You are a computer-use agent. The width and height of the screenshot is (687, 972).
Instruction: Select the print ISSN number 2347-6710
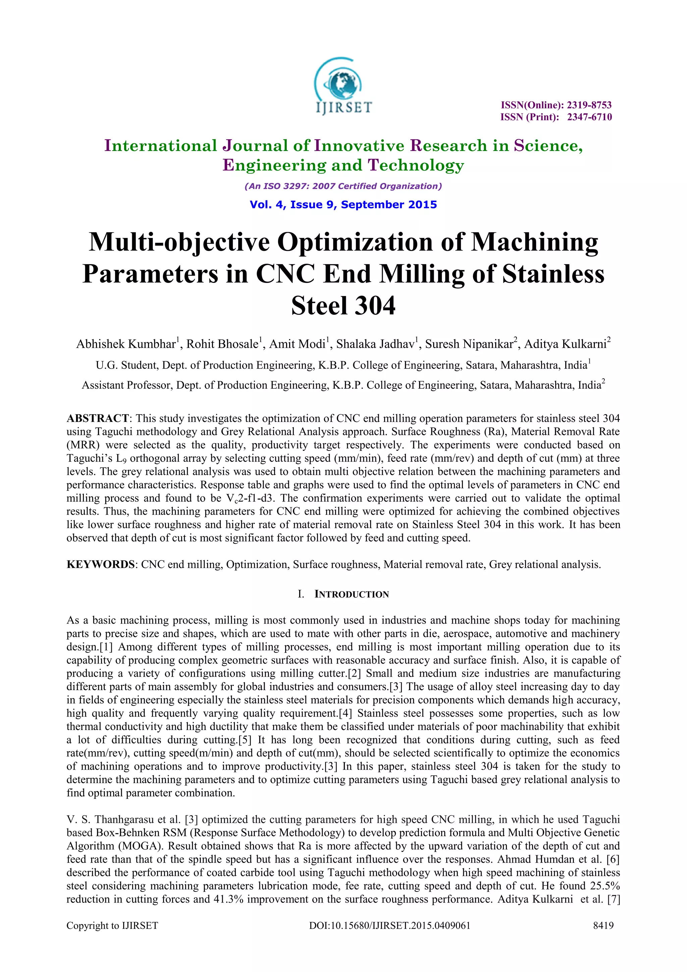(x=589, y=117)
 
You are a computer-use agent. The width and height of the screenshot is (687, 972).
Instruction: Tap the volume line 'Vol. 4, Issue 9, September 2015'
(x=343, y=205)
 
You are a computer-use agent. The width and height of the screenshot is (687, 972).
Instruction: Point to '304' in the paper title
(x=375, y=306)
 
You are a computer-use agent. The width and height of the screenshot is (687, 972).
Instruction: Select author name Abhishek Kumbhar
(x=126, y=344)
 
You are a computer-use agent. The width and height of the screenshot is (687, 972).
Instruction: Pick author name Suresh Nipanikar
(x=469, y=344)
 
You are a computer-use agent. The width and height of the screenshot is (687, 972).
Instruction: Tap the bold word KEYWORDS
(x=100, y=564)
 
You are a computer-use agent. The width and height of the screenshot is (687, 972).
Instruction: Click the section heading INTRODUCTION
(x=351, y=594)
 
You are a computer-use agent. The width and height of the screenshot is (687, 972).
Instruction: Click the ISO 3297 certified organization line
(x=343, y=186)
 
